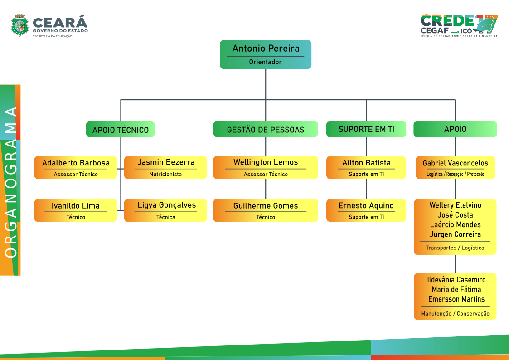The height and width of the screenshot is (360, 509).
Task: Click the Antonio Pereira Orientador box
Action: [x=266, y=54]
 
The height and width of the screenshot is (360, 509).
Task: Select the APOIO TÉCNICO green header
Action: [x=121, y=129]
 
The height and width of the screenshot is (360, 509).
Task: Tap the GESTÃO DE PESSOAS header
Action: [x=266, y=129]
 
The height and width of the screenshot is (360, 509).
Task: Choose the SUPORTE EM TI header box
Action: [x=366, y=129]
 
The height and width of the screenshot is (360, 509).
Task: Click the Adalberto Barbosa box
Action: [x=76, y=167]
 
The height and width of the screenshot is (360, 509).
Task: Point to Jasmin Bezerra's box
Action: [x=165, y=167]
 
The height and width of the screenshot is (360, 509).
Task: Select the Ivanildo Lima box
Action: [x=76, y=210]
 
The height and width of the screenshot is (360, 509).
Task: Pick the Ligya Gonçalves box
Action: [x=165, y=210]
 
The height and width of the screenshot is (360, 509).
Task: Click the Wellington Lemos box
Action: [x=266, y=167]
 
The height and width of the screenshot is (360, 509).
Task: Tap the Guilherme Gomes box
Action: [x=266, y=210]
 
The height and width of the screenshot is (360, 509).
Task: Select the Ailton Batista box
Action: [x=366, y=167]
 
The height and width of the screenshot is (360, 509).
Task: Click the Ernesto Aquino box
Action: [x=366, y=210]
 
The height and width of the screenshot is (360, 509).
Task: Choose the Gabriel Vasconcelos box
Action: [x=456, y=167]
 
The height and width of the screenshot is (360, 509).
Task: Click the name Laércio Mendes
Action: [x=456, y=224]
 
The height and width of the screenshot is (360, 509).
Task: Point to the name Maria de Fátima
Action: [x=456, y=289]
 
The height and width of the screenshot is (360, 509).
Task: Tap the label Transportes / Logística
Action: [x=455, y=248]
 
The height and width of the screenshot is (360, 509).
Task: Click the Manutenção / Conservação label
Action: [x=455, y=314]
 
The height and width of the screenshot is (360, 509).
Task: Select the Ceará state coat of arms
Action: [x=20, y=25]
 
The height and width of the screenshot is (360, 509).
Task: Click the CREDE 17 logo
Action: [x=459, y=26]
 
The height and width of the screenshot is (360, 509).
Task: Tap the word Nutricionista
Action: [x=165, y=174]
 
